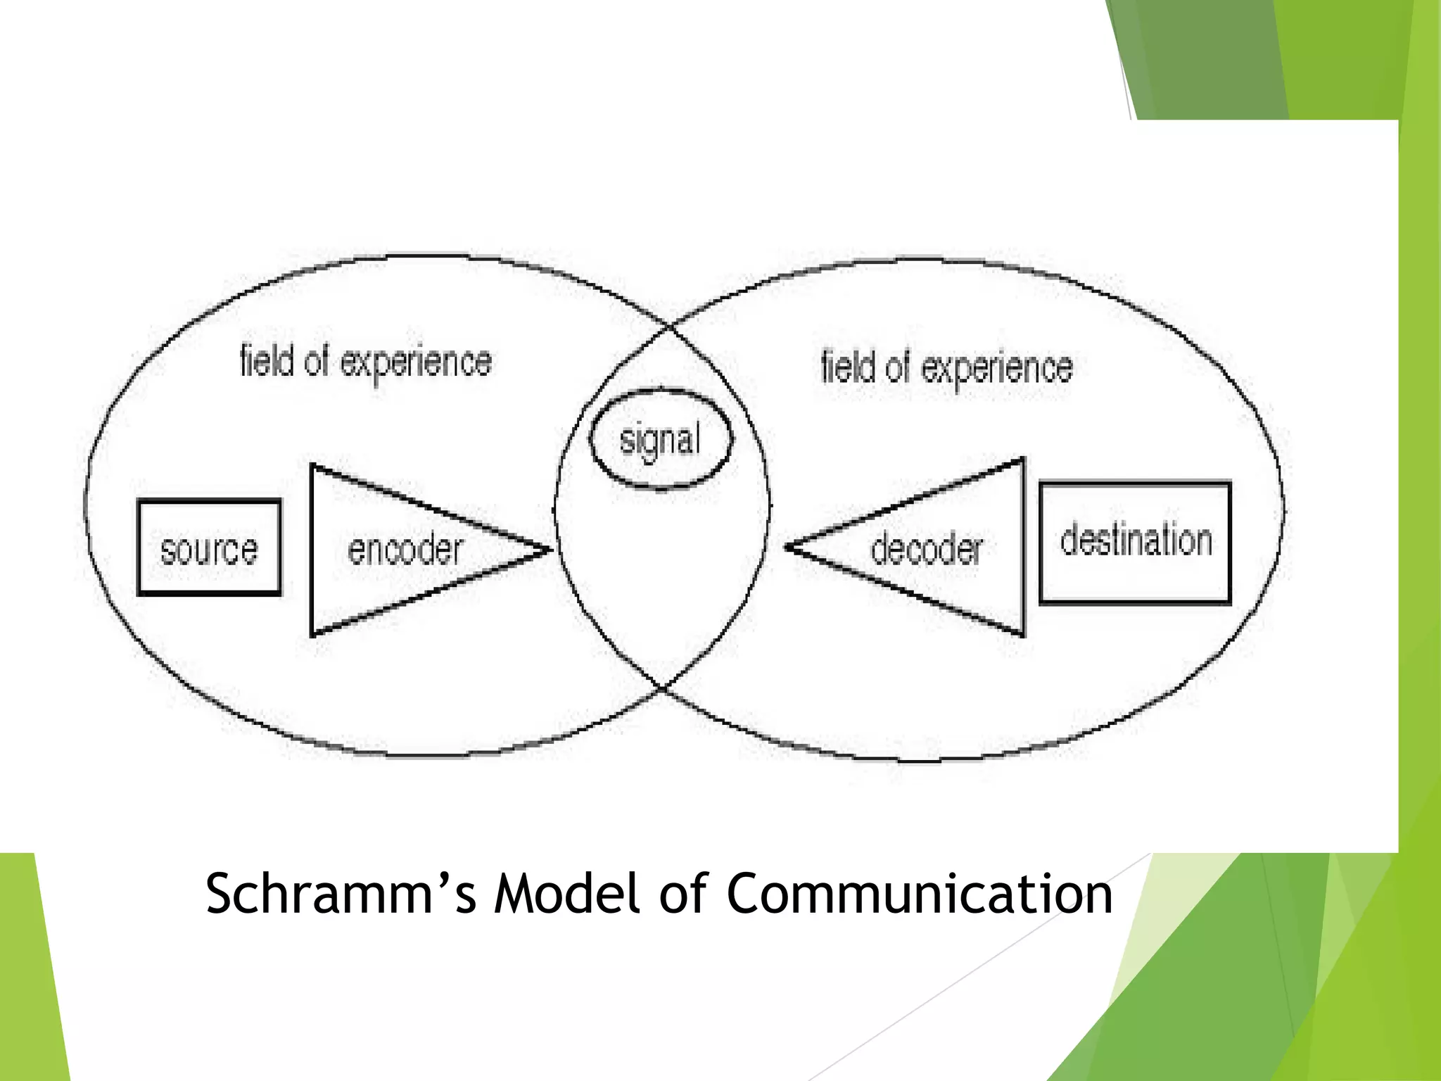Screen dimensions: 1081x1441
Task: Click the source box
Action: pyautogui.click(x=209, y=548)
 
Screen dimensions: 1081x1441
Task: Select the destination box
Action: pyautogui.click(x=1135, y=543)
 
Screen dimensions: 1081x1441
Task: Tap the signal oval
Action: pyautogui.click(x=661, y=438)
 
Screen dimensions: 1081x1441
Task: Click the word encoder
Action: pyautogui.click(x=405, y=550)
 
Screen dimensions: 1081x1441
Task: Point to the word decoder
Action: pyautogui.click(x=926, y=549)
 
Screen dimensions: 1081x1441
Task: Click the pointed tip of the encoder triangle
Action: pyautogui.click(x=548, y=550)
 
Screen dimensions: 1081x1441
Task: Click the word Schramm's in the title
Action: pyautogui.click(x=341, y=894)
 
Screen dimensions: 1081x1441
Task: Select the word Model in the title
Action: pyautogui.click(x=567, y=894)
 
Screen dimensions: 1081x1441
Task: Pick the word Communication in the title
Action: pyautogui.click(x=919, y=894)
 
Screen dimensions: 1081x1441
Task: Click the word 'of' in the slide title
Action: pyautogui.click(x=683, y=894)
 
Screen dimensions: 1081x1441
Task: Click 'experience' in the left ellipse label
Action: pyautogui.click(x=416, y=363)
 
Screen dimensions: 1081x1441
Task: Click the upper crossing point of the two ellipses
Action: pyautogui.click(x=668, y=327)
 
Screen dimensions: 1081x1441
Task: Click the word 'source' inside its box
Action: pyautogui.click(x=209, y=550)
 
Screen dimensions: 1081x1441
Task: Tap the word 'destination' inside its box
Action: pyautogui.click(x=1136, y=540)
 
